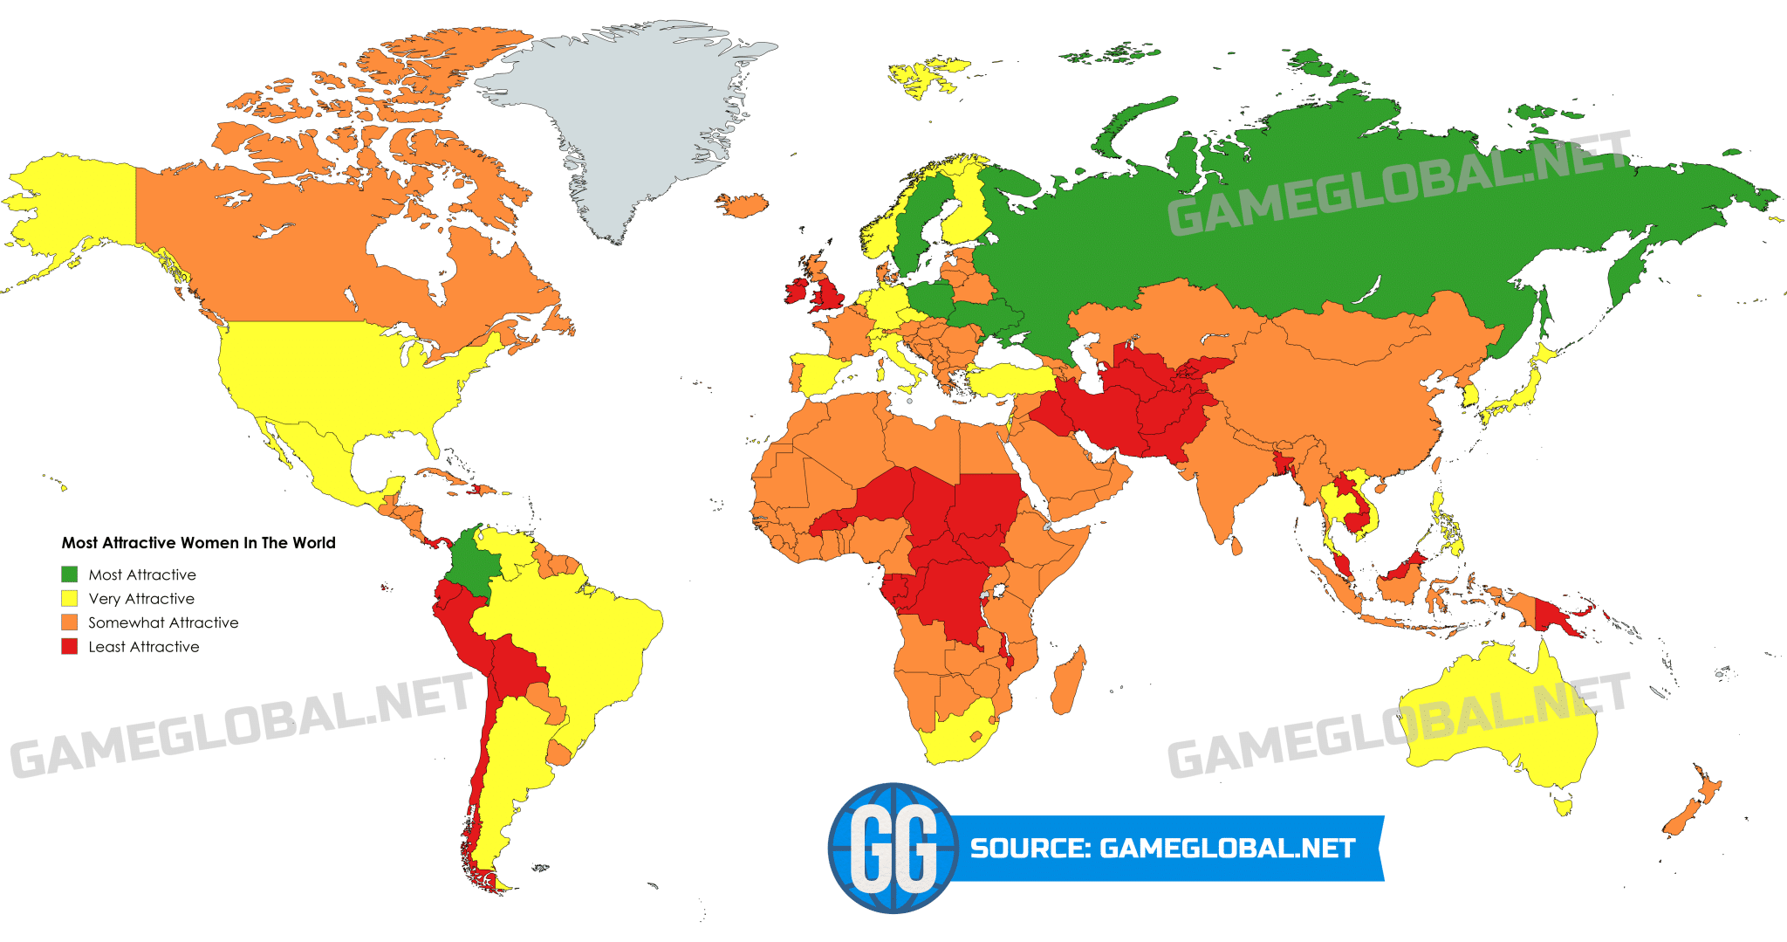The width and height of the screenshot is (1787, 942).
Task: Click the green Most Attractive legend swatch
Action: click(x=70, y=574)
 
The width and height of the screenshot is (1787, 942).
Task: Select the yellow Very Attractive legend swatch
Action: click(x=70, y=599)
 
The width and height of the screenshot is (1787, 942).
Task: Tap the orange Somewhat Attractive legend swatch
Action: click(x=70, y=622)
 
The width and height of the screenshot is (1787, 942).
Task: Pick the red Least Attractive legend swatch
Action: click(x=70, y=647)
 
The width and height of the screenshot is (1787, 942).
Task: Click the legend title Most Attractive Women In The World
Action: click(x=198, y=543)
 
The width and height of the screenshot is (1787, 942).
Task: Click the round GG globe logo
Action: click(x=892, y=848)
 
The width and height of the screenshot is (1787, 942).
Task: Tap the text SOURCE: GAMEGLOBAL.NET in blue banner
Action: click(x=1162, y=849)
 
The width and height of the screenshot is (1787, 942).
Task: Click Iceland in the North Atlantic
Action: click(x=743, y=205)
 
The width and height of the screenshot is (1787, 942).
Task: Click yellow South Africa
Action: click(x=955, y=738)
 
